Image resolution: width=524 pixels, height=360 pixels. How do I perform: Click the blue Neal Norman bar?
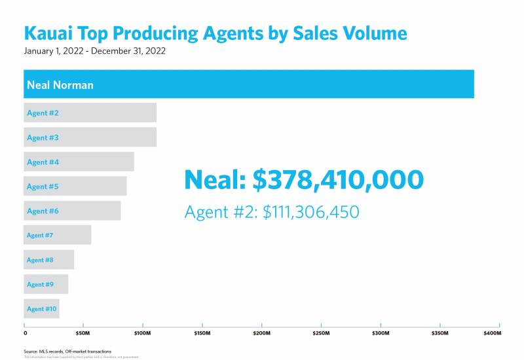[x=249, y=84]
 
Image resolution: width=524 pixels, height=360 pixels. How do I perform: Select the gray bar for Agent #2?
[x=90, y=113]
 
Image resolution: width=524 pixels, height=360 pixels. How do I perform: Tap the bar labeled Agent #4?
[x=79, y=162]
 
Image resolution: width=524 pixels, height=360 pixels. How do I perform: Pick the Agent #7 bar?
[x=58, y=235]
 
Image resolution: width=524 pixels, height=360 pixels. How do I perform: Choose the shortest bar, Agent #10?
[x=41, y=309]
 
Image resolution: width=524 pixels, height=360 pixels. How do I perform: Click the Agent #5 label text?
[x=43, y=187]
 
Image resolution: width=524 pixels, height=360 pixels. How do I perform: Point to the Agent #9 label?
[x=40, y=285]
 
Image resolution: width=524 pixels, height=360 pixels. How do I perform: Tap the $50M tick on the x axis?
[x=83, y=333]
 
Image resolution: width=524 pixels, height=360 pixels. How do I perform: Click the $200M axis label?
[x=262, y=333]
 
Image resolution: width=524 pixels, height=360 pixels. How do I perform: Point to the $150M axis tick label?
[x=202, y=333]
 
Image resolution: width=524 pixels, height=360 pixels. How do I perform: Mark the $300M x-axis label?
[x=381, y=333]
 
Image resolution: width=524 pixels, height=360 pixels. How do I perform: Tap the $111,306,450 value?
[x=310, y=212]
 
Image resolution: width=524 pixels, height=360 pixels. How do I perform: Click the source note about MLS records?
[x=67, y=351]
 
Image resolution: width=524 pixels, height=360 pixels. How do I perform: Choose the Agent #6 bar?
[x=72, y=211]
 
